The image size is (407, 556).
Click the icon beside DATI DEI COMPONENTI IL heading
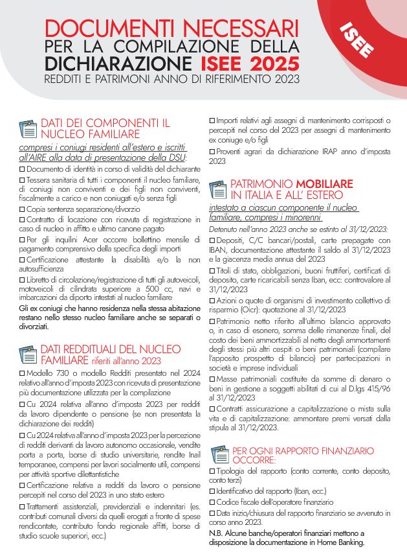28,129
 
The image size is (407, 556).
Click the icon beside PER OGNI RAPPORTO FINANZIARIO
219,454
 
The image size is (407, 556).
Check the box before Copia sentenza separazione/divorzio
22,209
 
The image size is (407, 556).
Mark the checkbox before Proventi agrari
212,152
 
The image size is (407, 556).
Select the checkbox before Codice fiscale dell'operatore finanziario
212,502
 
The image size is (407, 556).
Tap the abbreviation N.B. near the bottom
216,533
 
